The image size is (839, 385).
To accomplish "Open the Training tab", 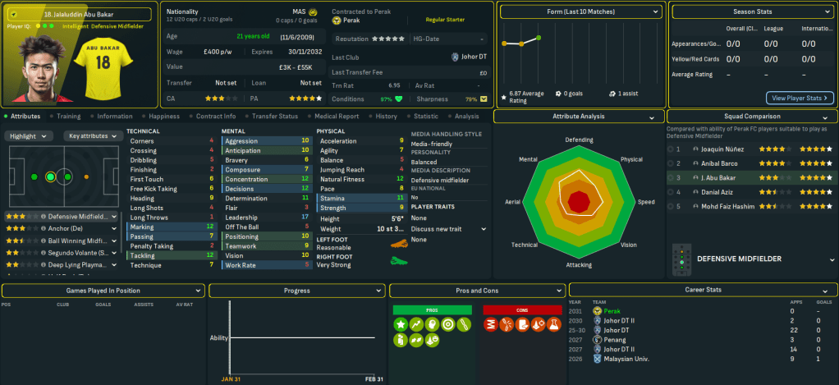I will point(68,117).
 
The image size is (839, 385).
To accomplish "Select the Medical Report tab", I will point(336,117).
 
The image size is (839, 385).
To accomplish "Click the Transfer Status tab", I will point(274,117).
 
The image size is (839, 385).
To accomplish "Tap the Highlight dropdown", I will point(31,135).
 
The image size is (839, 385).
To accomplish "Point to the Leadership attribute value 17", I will point(305,218).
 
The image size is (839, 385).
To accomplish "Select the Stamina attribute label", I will point(332,198).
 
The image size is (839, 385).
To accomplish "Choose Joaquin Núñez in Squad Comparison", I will point(722,149).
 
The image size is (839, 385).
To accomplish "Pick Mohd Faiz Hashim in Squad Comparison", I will point(729,205).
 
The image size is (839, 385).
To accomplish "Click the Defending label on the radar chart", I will point(579,140).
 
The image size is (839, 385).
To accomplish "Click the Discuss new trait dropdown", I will point(448,229).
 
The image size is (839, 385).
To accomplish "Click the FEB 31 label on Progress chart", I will point(374,379).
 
